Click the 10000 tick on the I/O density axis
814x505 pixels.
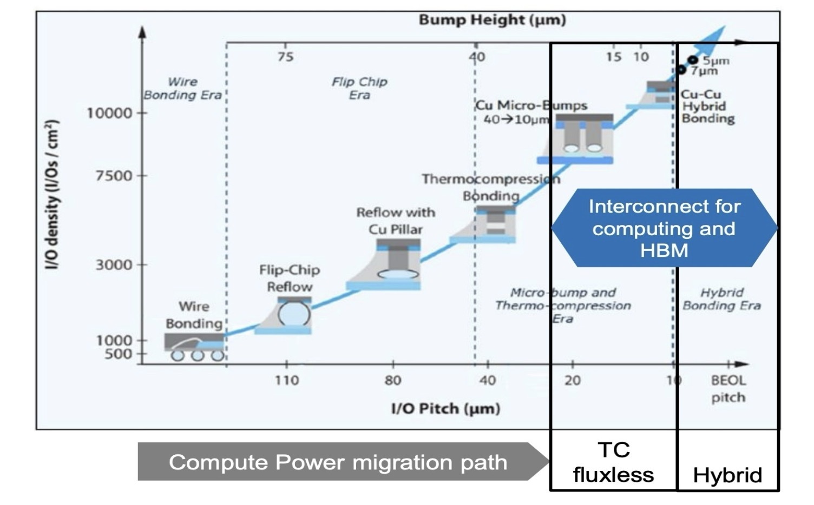tap(110, 113)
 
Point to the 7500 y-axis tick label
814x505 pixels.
tap(114, 176)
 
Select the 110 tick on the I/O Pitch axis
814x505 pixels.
tap(286, 381)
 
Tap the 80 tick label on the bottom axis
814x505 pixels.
tap(393, 381)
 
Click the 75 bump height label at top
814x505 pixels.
tap(285, 56)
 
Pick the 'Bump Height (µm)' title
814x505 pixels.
tap(492, 21)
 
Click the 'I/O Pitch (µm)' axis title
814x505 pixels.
tap(445, 408)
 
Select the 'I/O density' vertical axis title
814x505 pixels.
tap(51, 195)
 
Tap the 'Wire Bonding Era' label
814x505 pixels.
tap(182, 88)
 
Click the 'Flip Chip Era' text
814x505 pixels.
tap(359, 88)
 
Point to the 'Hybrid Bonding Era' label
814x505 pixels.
tap(721, 299)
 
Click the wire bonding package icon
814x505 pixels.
tap(194, 347)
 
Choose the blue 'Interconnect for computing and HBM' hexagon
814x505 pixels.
tap(664, 228)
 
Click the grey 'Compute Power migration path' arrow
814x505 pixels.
tap(341, 462)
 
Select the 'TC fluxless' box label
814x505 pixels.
tap(613, 462)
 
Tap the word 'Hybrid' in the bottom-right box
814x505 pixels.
tap(727, 475)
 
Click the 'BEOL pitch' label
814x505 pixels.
tap(728, 389)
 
